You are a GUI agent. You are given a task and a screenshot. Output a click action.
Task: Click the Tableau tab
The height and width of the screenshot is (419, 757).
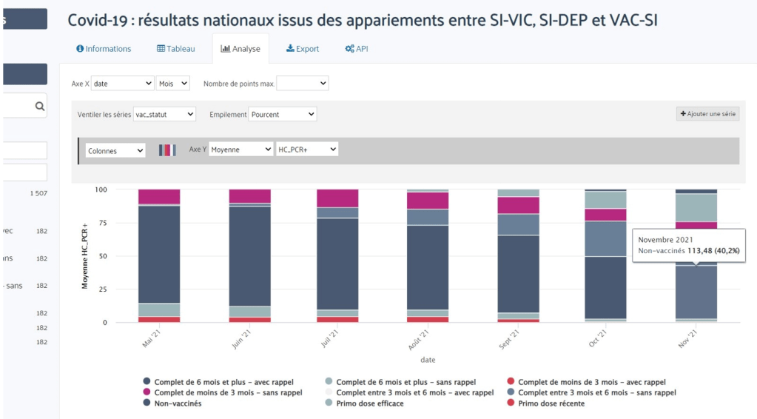(x=176, y=49)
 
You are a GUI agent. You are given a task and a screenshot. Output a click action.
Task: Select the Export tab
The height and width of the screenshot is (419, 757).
(x=303, y=49)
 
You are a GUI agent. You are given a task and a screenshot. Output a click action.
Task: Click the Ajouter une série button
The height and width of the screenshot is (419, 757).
(x=707, y=114)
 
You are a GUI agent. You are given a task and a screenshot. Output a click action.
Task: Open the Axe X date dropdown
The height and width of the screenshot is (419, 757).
(x=122, y=84)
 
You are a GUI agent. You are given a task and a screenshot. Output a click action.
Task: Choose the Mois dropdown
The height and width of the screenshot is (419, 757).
(x=173, y=84)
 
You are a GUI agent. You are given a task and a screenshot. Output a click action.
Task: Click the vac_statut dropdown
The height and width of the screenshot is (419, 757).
(x=164, y=114)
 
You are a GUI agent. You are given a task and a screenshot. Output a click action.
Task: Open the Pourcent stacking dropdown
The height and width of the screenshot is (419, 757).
(x=283, y=114)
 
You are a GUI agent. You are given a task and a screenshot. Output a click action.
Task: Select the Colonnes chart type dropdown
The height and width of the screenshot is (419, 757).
(x=115, y=150)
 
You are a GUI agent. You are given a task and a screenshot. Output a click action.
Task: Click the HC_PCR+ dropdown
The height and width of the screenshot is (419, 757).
(x=306, y=150)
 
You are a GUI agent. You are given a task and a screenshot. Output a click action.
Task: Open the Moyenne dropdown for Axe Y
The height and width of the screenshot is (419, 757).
(x=240, y=150)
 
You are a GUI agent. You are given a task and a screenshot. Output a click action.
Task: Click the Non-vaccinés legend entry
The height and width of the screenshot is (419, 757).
(x=177, y=403)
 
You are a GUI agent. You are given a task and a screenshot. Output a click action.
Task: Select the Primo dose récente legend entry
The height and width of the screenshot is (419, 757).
(x=551, y=403)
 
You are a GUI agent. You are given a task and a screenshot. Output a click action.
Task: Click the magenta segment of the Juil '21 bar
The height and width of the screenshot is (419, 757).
(x=337, y=198)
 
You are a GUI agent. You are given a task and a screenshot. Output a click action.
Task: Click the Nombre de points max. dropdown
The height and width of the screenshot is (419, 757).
(x=302, y=84)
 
